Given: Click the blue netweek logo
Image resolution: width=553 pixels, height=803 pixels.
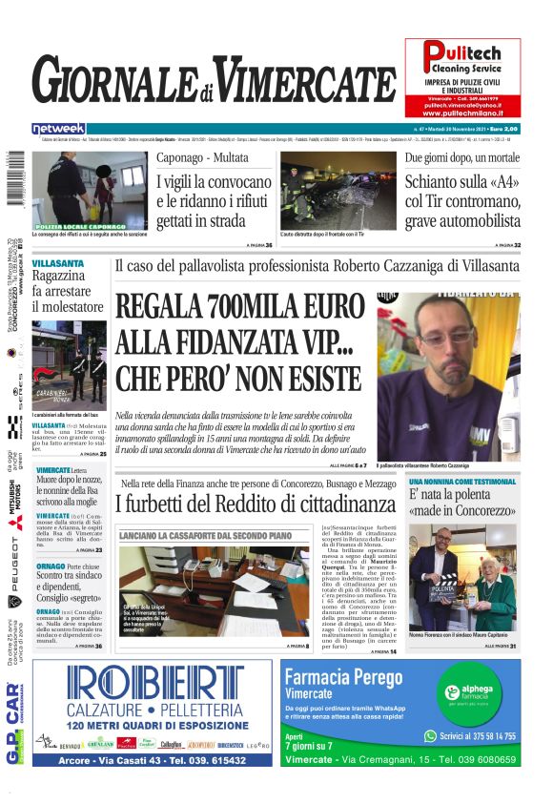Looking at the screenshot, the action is [59, 128].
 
